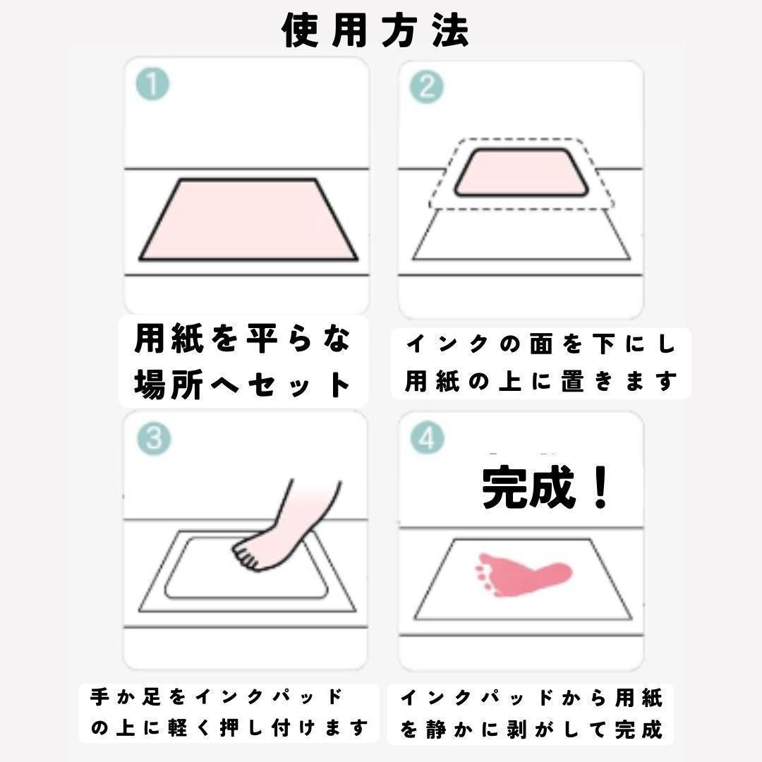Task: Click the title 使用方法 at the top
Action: point(375,30)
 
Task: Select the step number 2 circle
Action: point(427,87)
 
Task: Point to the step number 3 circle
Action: point(154,438)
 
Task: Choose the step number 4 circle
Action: point(427,438)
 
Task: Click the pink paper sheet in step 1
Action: point(248,220)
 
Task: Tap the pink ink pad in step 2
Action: point(521,173)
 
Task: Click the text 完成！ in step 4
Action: point(545,487)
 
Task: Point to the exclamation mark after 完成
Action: point(601,487)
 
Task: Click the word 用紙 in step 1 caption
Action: point(168,339)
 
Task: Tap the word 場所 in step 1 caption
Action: point(168,385)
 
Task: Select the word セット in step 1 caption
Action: point(299,385)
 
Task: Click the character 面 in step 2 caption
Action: point(541,344)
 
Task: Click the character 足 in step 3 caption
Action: point(151,696)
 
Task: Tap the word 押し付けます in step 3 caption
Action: point(293,727)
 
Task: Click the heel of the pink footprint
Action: point(559,572)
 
